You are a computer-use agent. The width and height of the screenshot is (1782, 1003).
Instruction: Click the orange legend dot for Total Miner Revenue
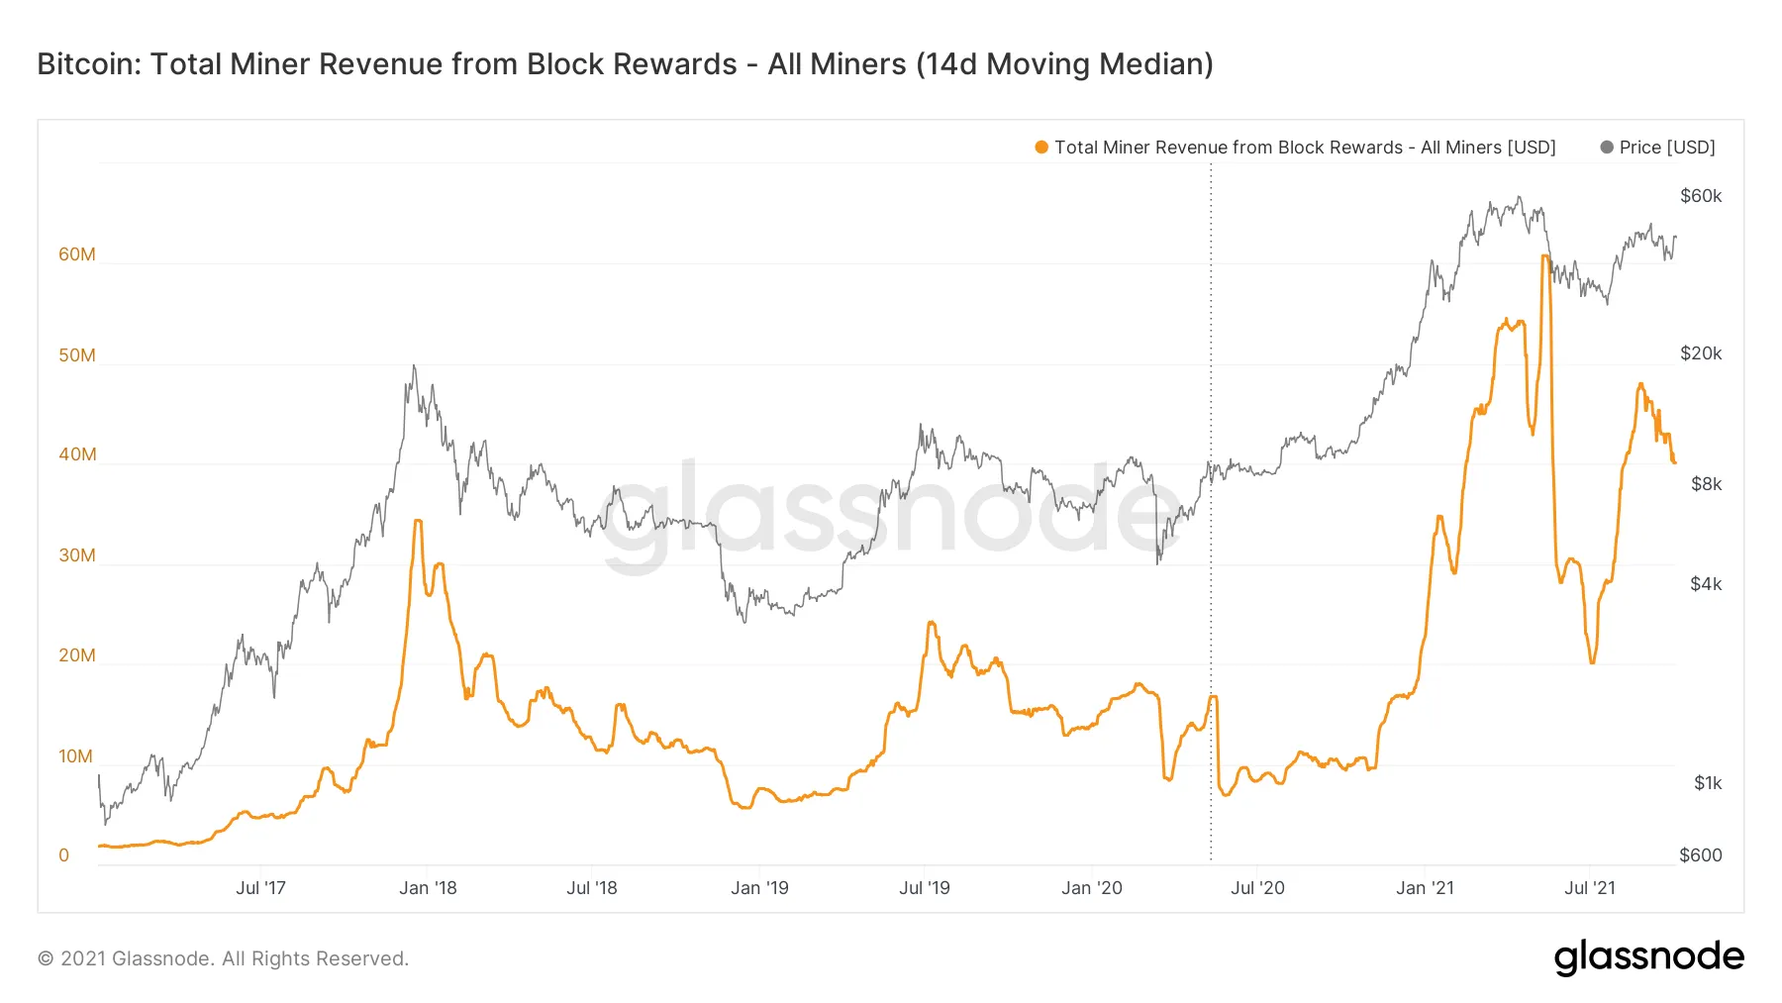tap(1041, 148)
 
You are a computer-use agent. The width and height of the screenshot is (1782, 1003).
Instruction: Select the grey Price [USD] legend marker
tap(1607, 148)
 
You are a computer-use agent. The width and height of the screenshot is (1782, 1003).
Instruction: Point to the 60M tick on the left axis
tap(77, 254)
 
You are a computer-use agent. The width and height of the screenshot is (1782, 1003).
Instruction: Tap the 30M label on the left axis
tap(77, 555)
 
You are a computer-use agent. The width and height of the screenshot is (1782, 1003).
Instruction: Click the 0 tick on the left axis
tap(64, 855)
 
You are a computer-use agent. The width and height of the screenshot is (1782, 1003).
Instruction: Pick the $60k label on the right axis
tap(1701, 196)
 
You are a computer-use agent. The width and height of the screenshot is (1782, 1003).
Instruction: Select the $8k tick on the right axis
tap(1706, 484)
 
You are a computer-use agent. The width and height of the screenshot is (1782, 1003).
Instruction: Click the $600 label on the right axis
tap(1701, 855)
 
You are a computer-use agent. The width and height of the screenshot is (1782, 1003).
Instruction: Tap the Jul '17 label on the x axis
tap(260, 888)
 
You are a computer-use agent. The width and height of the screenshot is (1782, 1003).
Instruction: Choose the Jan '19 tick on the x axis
tap(759, 888)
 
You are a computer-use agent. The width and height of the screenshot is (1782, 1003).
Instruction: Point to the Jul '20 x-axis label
tap(1257, 888)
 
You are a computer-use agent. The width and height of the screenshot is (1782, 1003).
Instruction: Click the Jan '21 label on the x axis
tap(1425, 888)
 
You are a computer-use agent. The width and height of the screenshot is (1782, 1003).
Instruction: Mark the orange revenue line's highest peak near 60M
tap(1545, 256)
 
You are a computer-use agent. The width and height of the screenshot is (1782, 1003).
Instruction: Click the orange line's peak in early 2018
tap(418, 520)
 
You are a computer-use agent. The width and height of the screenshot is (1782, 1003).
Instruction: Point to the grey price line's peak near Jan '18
tap(414, 365)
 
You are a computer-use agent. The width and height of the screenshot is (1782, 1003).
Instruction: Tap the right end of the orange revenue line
tap(1675, 462)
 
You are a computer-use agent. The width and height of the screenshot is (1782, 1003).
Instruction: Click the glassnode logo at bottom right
tap(1648, 957)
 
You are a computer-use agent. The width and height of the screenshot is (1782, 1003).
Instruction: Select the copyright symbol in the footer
tap(46, 958)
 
